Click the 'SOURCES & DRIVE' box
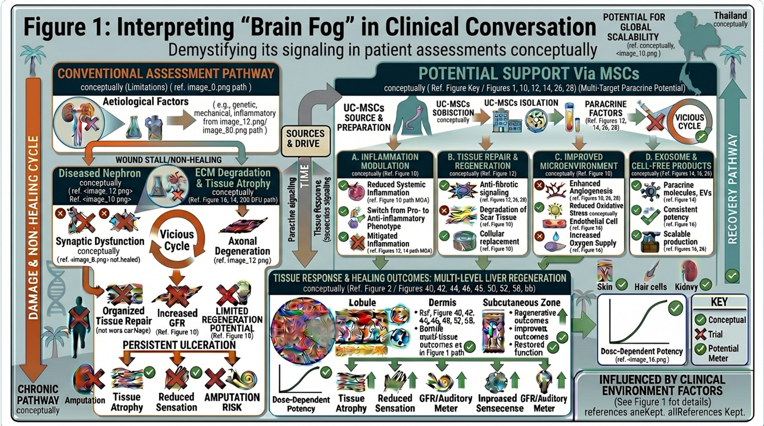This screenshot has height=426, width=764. (306, 139)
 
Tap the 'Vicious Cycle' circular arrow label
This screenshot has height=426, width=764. (177, 240)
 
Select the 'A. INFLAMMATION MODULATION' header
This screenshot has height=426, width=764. (385, 161)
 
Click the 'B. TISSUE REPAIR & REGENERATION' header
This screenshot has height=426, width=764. (483, 161)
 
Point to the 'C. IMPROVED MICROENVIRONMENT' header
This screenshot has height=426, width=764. (578, 161)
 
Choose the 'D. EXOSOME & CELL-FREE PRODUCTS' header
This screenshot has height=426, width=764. (671, 161)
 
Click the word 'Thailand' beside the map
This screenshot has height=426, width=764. (730, 16)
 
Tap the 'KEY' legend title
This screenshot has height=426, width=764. (719, 302)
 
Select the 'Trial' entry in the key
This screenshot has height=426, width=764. (715, 334)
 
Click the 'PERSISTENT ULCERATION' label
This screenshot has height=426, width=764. (179, 345)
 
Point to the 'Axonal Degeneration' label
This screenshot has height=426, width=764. (242, 246)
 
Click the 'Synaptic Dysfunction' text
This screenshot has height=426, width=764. (100, 241)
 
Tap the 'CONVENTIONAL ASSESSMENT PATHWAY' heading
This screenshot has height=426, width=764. (166, 74)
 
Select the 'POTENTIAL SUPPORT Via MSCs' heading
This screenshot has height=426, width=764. (529, 74)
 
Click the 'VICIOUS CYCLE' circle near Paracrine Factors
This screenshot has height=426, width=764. (689, 122)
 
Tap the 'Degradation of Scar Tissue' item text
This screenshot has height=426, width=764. (503, 213)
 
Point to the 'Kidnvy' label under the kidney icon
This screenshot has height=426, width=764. (686, 287)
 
